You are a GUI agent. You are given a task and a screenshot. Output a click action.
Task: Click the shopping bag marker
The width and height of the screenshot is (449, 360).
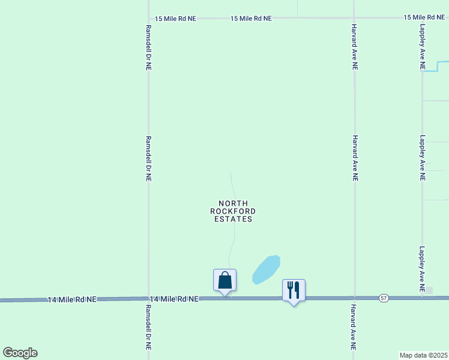click(224, 280)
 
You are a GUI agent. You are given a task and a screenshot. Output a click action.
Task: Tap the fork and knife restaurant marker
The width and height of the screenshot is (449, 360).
click(294, 290)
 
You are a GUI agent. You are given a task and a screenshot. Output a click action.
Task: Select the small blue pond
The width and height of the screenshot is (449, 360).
click(267, 269)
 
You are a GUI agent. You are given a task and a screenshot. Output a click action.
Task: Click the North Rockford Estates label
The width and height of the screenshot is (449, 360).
click(234, 211)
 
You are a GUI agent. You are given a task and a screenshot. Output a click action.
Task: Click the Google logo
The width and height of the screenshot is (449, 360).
click(20, 352)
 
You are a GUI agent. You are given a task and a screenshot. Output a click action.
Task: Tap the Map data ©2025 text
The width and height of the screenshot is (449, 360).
click(424, 355)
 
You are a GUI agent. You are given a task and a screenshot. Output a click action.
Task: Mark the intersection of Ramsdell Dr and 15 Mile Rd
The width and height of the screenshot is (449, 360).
click(148, 18)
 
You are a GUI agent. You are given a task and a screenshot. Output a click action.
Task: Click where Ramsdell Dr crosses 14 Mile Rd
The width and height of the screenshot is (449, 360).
click(148, 298)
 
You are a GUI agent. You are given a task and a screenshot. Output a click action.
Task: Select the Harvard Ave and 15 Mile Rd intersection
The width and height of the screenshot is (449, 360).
click(354, 18)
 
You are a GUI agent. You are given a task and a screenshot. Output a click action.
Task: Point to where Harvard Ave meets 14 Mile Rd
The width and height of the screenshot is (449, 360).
click(354, 298)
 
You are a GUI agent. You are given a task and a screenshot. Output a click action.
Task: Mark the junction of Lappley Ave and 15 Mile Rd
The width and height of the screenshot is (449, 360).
click(422, 17)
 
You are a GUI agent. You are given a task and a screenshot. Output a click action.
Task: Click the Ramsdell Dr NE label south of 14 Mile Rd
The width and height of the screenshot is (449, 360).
click(148, 328)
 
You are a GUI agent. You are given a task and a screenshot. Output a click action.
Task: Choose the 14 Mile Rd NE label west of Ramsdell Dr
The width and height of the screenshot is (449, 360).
click(72, 299)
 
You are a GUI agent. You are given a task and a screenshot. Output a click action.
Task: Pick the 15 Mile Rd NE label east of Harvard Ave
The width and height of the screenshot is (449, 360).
click(424, 18)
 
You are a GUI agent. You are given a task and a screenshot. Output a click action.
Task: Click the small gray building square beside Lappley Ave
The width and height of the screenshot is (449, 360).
click(429, 290)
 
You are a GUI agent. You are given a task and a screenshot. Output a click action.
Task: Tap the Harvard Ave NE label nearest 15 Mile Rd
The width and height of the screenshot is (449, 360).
click(355, 47)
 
